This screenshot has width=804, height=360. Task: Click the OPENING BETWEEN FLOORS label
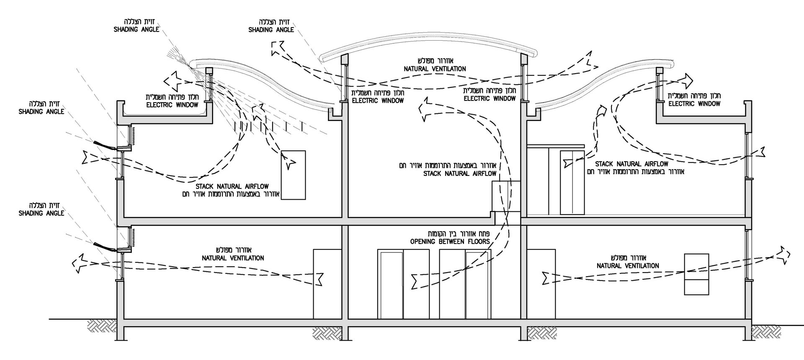coord(449,242)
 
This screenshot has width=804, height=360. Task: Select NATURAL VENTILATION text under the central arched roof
coord(435,69)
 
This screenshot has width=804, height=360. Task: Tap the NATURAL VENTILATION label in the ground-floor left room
coord(233,258)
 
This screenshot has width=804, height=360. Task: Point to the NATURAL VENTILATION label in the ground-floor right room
coord(628,266)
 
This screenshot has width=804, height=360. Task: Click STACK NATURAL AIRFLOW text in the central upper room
coord(460,174)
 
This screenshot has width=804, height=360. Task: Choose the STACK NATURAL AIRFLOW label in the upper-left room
coord(232,186)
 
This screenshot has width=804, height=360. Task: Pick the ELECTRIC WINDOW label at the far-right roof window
coord(695,103)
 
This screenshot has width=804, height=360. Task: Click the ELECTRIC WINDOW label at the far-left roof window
coord(172,105)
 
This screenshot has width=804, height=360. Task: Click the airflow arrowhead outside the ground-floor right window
coord(784,255)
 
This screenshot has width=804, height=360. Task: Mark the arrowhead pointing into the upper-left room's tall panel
coord(289,162)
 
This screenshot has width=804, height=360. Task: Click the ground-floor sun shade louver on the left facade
coord(105,247)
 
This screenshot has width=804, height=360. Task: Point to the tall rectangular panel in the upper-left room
coord(293,175)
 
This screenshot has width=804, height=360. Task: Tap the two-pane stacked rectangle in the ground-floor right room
coord(696,274)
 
